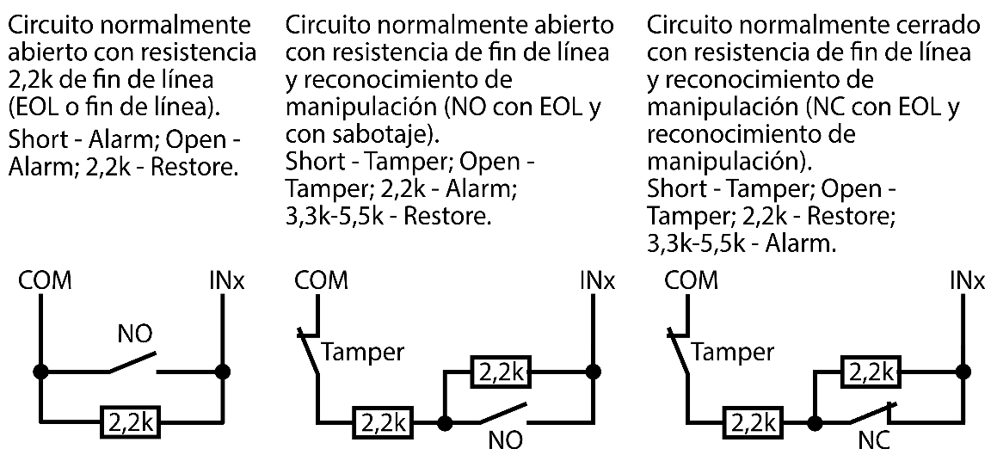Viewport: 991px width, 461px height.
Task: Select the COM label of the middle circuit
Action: point(321,280)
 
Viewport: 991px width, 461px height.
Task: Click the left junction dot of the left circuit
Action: point(40,372)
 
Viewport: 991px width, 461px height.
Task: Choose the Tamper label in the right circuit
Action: point(732,352)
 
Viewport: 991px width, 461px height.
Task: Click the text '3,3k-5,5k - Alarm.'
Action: point(741,244)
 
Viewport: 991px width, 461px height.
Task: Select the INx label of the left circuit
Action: point(227,281)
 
